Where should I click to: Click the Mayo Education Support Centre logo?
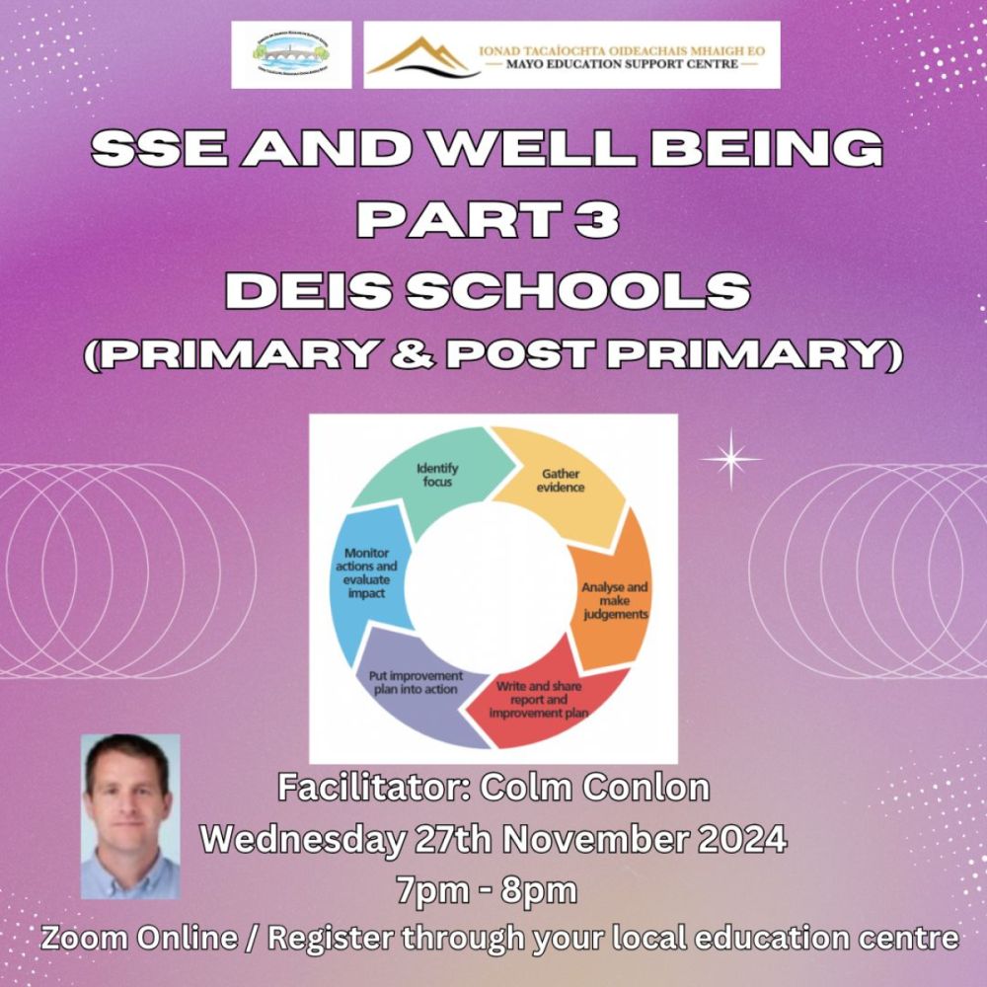tap(571, 54)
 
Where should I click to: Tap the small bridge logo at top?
tap(291, 54)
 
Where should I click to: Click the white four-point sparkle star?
tap(730, 458)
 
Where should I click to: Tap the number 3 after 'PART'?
tap(598, 220)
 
